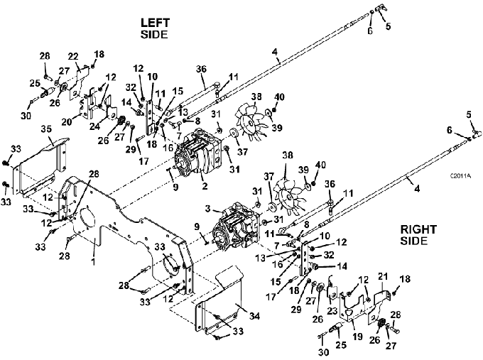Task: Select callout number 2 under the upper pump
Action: coord(205,186)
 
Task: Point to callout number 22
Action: coord(73,57)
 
